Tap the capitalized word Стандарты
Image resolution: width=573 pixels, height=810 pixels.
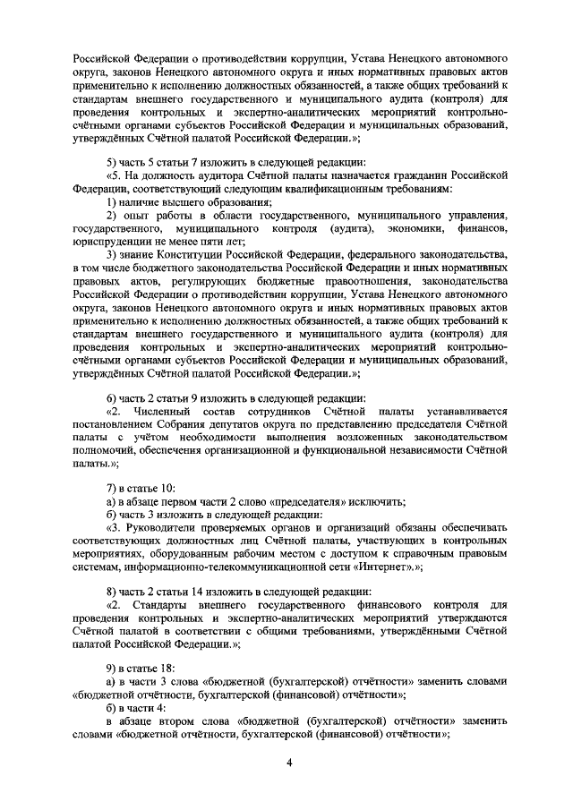click(167, 607)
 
